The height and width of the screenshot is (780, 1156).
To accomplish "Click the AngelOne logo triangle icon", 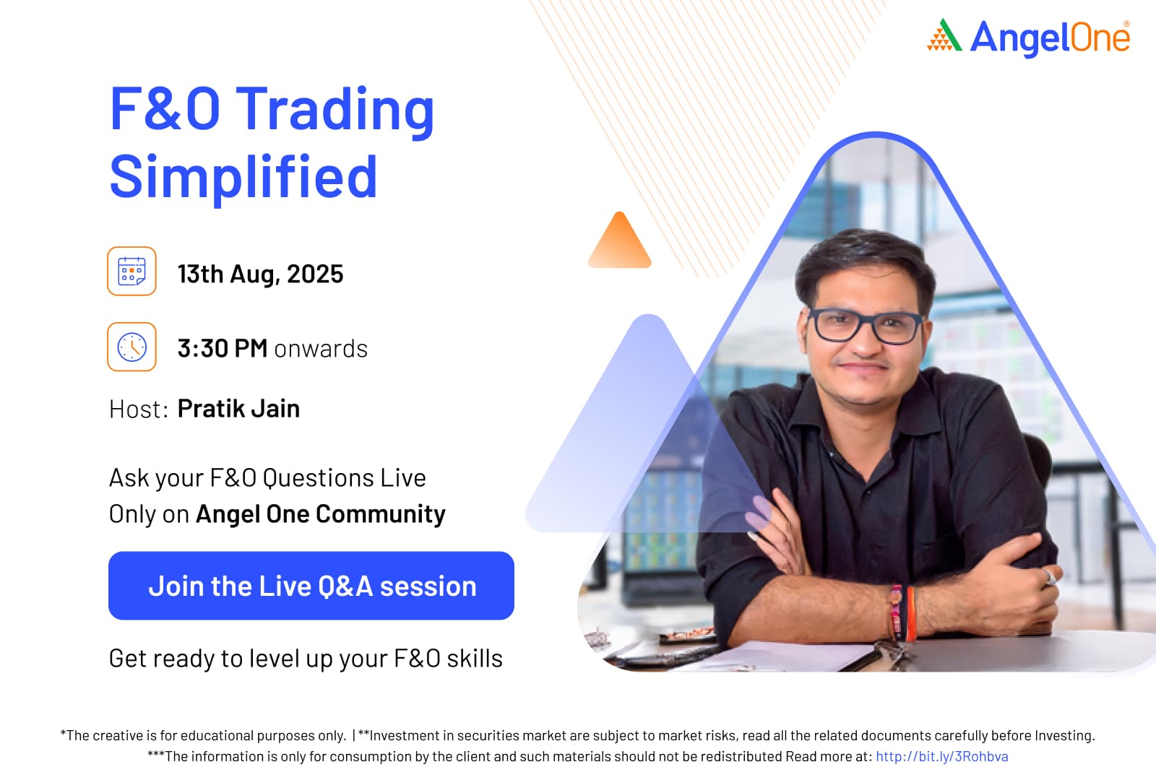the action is click(x=944, y=35).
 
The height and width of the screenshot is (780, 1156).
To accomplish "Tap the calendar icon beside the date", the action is click(x=131, y=271).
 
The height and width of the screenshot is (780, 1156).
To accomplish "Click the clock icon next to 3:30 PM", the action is click(x=131, y=347).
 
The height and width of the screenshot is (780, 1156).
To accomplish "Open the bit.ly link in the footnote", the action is click(x=942, y=756).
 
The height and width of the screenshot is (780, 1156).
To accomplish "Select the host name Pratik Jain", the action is click(x=238, y=409).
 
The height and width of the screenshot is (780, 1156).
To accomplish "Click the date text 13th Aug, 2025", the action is click(x=261, y=274).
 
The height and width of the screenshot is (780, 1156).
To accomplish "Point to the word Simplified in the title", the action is click(x=243, y=176).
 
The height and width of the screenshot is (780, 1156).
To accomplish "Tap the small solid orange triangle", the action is click(x=620, y=241).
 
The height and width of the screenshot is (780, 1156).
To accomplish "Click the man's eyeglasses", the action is click(x=866, y=326).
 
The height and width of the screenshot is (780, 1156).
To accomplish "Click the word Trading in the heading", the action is click(x=335, y=109).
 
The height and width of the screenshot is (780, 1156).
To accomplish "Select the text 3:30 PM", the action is click(x=223, y=348).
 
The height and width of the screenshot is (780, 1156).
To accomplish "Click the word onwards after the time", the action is click(x=321, y=350).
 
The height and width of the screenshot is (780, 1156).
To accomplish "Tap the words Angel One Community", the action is click(x=321, y=514).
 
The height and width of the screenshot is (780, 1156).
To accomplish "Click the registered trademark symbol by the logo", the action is click(x=1126, y=24).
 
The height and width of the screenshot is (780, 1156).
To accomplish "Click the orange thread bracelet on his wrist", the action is click(x=910, y=614).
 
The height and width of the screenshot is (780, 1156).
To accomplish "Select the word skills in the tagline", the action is click(x=475, y=659).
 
